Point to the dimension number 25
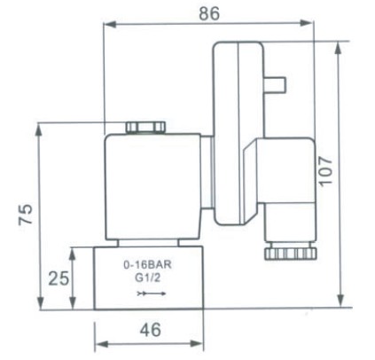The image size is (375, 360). [58, 278]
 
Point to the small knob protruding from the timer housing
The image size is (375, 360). [277, 84]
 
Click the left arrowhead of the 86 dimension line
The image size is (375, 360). [109, 25]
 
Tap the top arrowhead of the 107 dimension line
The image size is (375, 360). [341, 44]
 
